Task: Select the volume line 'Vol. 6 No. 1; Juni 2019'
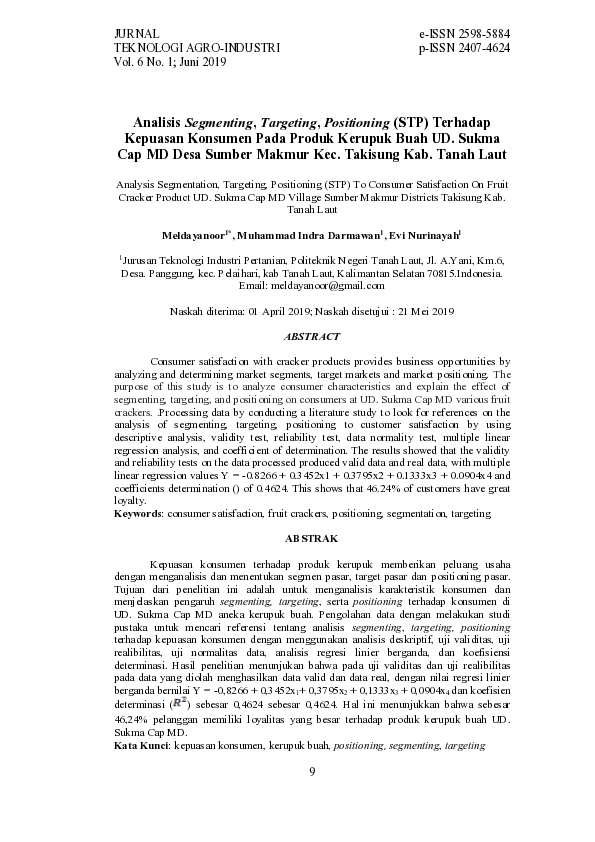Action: pos(171,61)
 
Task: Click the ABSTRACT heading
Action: pos(312,337)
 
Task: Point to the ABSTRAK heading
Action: pos(312,539)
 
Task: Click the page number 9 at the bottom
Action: pos(312,770)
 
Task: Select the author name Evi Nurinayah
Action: pos(424,234)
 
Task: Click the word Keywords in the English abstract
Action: pos(138,511)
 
